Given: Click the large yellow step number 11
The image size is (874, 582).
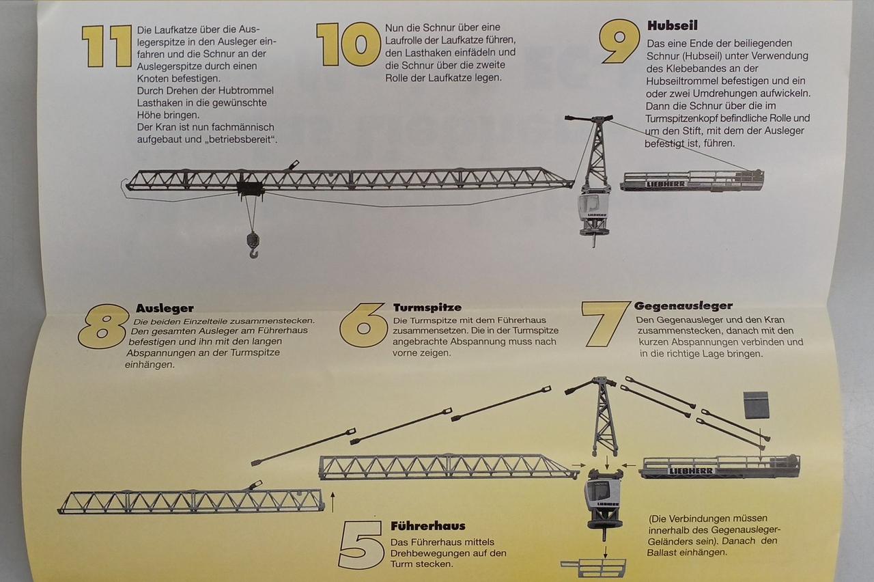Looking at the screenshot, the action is tap(107, 46).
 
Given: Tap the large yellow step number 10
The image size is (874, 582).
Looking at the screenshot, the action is tap(348, 44).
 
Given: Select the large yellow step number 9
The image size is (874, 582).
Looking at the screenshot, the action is tap(620, 42).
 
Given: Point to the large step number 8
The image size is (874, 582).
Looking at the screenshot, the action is tap(103, 327).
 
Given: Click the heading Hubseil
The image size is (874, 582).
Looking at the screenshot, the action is tap(673, 26).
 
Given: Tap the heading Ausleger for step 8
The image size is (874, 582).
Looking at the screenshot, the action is tap(165, 308).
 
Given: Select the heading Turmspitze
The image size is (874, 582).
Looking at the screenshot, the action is tap(427, 307).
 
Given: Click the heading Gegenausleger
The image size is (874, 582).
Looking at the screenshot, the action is tap(683, 305).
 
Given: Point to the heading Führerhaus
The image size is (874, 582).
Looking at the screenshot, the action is tap(428, 526).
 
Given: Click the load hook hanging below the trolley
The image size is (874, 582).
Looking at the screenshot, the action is tap(253, 245).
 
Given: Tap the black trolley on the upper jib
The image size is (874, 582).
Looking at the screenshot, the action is tap(251, 189).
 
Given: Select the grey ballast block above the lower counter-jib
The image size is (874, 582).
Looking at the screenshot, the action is tap(756, 405).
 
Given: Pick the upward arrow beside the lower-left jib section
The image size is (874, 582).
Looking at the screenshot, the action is tap(333, 502).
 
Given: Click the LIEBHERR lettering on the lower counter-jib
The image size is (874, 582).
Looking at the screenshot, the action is tap(691, 471).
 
